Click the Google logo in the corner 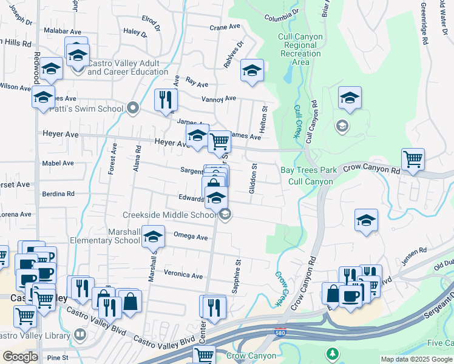(19, 357)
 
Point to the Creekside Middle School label (169, 215)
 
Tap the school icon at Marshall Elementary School (154, 237)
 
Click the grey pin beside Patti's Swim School (134, 109)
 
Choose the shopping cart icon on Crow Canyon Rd (413, 160)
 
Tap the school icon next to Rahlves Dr (252, 71)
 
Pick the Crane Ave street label (225, 27)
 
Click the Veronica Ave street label (183, 275)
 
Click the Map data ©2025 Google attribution (416, 359)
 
